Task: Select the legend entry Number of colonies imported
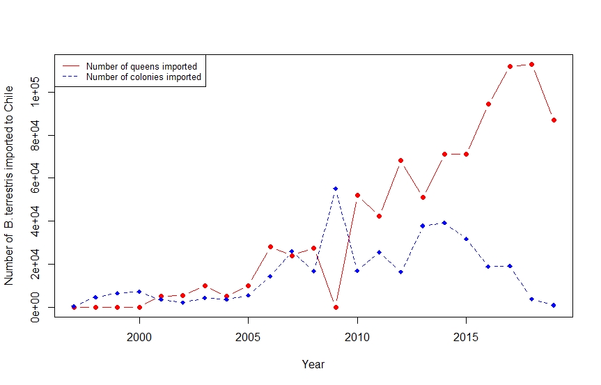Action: pyautogui.click(x=143, y=77)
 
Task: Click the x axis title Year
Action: pyautogui.click(x=313, y=364)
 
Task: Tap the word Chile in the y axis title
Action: pyautogui.click(x=9, y=98)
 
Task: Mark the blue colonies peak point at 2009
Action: pyautogui.click(x=336, y=189)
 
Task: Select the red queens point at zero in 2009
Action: pyautogui.click(x=336, y=307)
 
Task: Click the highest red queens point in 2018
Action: pyautogui.click(x=531, y=64)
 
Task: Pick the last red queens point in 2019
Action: pyautogui.click(x=553, y=120)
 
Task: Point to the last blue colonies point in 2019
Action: pyautogui.click(x=553, y=305)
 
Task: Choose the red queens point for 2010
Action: pyautogui.click(x=357, y=195)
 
